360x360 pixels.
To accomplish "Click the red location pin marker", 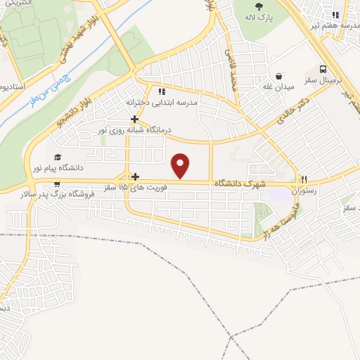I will tap(181, 166).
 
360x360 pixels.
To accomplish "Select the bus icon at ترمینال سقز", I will tap(323, 70).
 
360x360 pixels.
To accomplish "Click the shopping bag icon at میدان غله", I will tap(280, 75).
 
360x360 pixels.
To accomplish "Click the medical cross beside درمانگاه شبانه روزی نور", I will tap(134, 119).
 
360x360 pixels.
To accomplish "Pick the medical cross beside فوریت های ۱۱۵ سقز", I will tap(136, 176).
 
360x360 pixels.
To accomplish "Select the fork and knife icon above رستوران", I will tap(304, 179).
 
